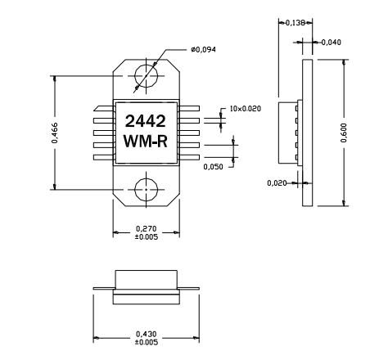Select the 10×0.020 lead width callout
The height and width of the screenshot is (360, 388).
tap(245, 108)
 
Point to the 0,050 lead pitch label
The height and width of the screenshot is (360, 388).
tap(213, 166)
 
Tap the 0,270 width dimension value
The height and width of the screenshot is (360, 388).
tap(146, 230)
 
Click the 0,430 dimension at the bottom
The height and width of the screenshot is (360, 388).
tap(146, 334)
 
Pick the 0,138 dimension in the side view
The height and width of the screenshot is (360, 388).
tap(294, 23)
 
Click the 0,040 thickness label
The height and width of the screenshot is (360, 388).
tap(332, 42)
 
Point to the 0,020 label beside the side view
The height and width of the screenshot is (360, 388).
tap(277, 183)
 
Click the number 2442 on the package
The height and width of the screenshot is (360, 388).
tap(146, 120)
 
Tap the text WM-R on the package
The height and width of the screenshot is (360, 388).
tap(146, 142)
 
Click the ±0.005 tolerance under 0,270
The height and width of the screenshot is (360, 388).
tap(146, 237)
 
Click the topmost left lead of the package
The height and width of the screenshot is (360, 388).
tap(105, 107)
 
